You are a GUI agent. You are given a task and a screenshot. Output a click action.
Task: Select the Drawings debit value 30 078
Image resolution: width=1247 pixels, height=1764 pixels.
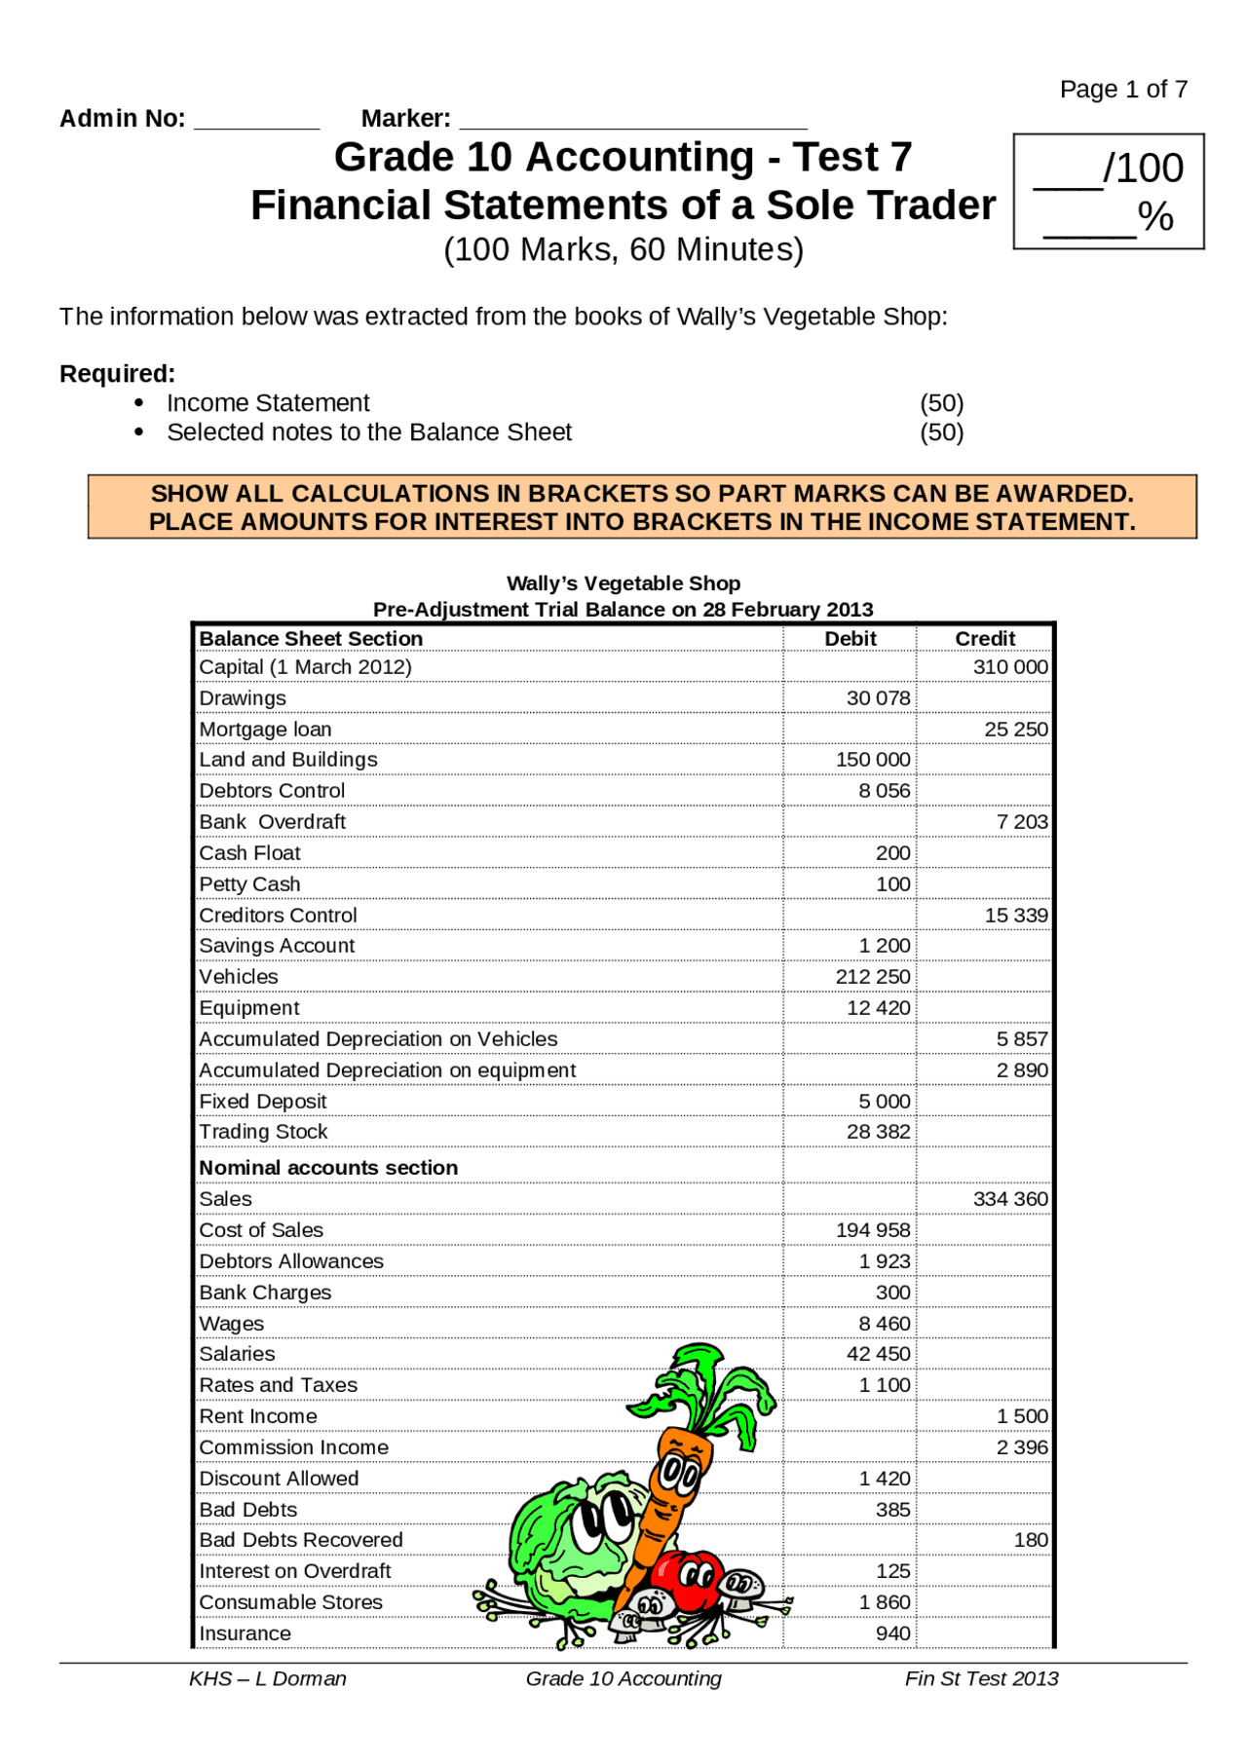pyautogui.click(x=878, y=698)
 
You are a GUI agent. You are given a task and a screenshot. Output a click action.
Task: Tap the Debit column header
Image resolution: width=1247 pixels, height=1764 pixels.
pyautogui.click(x=850, y=638)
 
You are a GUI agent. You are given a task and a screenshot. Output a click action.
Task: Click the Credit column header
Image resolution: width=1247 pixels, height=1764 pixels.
pyautogui.click(x=984, y=638)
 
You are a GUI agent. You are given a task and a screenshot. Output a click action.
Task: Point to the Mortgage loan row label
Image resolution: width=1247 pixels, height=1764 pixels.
pyautogui.click(x=265, y=730)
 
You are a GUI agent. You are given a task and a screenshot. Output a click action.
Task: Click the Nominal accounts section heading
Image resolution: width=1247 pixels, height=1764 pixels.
pyautogui.click(x=328, y=1168)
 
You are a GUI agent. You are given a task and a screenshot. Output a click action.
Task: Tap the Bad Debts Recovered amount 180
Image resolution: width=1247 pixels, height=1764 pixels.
pyautogui.click(x=1030, y=1540)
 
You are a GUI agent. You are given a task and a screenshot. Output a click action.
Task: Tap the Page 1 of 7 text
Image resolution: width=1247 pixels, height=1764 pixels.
pyautogui.click(x=1122, y=90)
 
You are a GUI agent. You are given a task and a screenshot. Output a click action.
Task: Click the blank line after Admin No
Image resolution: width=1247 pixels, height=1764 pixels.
pyautogui.click(x=256, y=122)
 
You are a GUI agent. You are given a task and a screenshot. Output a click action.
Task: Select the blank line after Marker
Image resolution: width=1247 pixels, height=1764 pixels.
pyautogui.click(x=632, y=122)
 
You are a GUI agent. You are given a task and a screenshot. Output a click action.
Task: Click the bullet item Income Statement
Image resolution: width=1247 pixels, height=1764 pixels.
pyautogui.click(x=268, y=403)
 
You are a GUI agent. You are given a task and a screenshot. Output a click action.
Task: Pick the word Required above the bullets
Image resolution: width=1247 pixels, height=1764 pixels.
pyautogui.click(x=117, y=374)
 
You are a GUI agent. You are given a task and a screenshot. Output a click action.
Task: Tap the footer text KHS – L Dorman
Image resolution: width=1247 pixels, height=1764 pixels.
pyautogui.click(x=267, y=1678)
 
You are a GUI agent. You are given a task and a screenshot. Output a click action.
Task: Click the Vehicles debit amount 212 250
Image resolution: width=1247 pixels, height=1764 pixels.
pyautogui.click(x=872, y=977)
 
